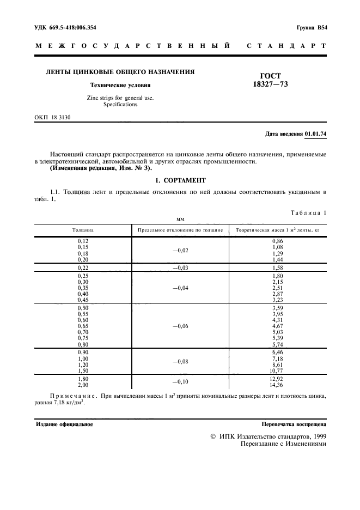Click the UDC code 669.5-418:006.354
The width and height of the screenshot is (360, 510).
tap(62, 27)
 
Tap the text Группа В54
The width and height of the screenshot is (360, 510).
tap(312, 27)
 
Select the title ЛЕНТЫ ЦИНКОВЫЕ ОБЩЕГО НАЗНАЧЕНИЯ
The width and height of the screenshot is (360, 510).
tap(115, 72)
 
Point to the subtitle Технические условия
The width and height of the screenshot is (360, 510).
tap(120, 85)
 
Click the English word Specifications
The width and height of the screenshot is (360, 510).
tap(120, 105)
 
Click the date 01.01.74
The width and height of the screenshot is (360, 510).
tap(315, 133)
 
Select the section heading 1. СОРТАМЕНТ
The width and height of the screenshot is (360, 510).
tap(180, 180)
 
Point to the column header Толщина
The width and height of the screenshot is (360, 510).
tap(83, 230)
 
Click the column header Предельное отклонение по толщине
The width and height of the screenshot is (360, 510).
tap(180, 230)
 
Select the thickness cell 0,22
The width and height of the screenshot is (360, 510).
tap(83, 268)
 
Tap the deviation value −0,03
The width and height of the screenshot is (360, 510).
tap(180, 268)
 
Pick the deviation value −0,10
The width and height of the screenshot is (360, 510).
tap(180, 382)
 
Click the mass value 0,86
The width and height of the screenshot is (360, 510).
tap(278, 240)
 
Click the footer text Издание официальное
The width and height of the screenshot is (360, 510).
tap(64, 423)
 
